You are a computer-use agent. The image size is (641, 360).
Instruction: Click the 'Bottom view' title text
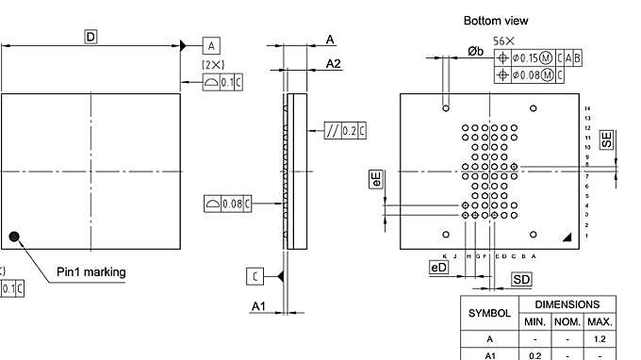click(x=496, y=20)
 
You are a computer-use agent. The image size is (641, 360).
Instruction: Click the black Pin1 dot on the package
click(x=14, y=237)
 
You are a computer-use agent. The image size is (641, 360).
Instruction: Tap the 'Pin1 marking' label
click(x=90, y=272)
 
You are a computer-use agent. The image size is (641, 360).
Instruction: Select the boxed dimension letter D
click(x=91, y=36)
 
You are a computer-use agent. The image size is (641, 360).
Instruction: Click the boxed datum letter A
click(x=211, y=45)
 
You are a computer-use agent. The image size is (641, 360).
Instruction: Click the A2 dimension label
click(x=334, y=63)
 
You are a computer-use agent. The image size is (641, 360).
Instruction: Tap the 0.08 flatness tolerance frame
click(x=227, y=202)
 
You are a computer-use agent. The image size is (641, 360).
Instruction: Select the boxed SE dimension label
click(x=607, y=139)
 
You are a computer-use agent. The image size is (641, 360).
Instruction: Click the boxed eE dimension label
click(x=376, y=179)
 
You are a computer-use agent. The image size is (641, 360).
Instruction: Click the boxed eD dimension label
click(x=438, y=268)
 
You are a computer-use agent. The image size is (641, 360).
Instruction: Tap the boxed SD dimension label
click(x=521, y=279)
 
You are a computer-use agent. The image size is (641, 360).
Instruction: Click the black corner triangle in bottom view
click(x=567, y=239)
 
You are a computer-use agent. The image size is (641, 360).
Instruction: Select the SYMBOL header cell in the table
click(x=489, y=312)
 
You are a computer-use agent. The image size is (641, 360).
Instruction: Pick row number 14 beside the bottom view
click(x=586, y=109)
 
